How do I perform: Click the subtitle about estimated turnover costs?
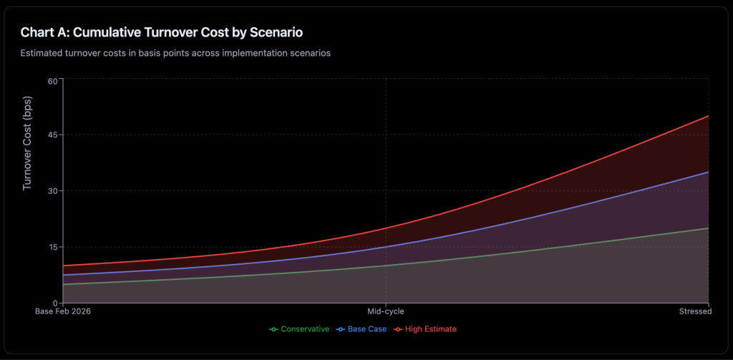175,53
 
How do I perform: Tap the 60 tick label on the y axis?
52,79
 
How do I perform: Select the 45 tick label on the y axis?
52,135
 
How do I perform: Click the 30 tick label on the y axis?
52,191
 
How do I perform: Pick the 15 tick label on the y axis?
52,247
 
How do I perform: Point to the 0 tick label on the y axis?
54,303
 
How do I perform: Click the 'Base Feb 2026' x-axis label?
64,311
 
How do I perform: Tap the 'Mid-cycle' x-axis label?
386,311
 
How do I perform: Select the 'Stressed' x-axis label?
694,311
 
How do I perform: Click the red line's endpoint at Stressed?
708,116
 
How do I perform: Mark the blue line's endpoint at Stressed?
708,172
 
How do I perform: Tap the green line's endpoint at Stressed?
708,228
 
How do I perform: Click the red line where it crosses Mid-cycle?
386,228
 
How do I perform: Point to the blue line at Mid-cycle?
386,247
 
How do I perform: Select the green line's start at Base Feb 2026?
64,284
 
